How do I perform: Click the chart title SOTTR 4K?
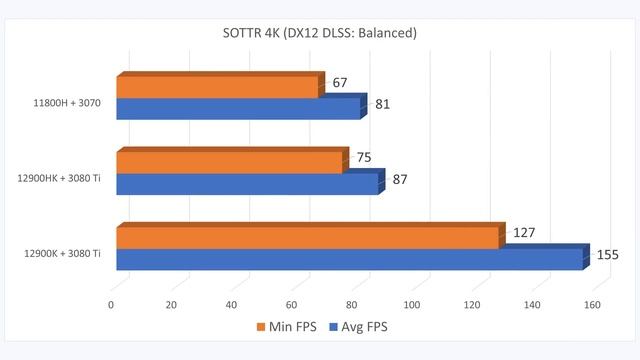click(x=320, y=33)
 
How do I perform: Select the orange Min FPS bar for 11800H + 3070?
click(x=218, y=87)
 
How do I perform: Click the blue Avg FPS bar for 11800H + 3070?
click(x=238, y=108)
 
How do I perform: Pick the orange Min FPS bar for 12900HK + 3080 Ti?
click(x=230, y=163)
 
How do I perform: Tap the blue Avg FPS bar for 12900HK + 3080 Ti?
click(x=247, y=184)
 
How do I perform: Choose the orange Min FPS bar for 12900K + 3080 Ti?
click(x=308, y=238)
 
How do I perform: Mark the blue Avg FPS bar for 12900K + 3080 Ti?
click(x=350, y=259)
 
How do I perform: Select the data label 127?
click(x=525, y=233)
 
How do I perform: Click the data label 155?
click(x=607, y=255)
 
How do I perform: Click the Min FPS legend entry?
click(x=294, y=327)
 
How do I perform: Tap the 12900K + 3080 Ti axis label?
click(x=62, y=253)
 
